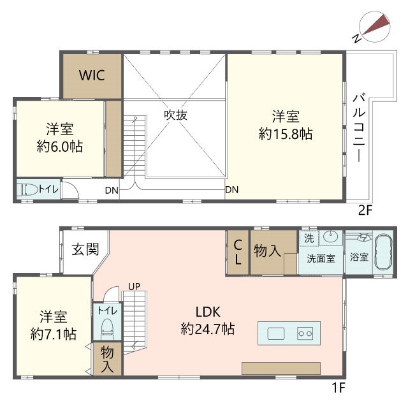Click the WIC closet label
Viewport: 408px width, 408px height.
pyautogui.click(x=91, y=74)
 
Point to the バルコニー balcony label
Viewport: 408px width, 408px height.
pyautogui.click(x=358, y=127)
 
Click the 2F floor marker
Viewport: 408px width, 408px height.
pyautogui.click(x=365, y=210)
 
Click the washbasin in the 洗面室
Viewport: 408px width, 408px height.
pyautogui.click(x=330, y=237)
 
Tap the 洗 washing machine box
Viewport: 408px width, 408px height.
pyautogui.click(x=309, y=237)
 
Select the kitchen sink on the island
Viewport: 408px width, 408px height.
pyautogui.click(x=276, y=333)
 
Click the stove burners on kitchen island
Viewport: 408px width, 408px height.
pyautogui.click(x=303, y=333)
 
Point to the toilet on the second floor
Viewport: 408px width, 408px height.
pyautogui.click(x=29, y=189)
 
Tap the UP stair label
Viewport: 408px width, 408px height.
pyautogui.click(x=134, y=286)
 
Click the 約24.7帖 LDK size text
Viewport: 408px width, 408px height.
pyautogui.click(x=208, y=330)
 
